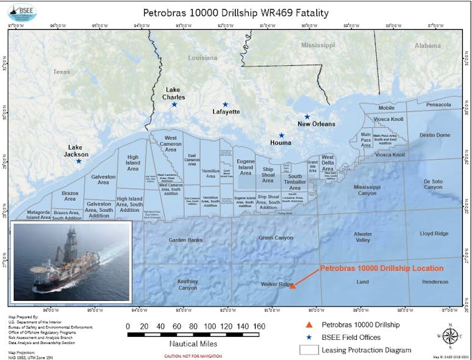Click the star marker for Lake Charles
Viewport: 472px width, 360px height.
point(174,104)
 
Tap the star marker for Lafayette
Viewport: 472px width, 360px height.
point(225,104)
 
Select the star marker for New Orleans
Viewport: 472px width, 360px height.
point(307,117)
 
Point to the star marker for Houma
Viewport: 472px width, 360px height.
point(282,135)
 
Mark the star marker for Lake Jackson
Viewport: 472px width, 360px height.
point(79,160)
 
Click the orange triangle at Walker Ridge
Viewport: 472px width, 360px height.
point(292,285)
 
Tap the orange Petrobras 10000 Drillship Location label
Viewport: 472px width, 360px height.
point(382,268)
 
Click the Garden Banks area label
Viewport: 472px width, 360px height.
point(185,240)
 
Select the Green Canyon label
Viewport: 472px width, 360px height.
point(276,237)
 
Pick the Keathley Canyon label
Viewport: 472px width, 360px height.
point(187,284)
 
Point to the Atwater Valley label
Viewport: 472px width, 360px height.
point(363,237)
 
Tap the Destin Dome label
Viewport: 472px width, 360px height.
point(434,135)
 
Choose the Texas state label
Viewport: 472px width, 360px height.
point(62,71)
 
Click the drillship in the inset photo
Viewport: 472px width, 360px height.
point(67,268)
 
